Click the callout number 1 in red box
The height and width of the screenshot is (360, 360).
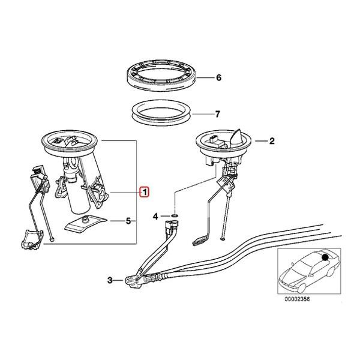(x=144, y=192)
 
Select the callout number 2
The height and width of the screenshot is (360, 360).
(x=271, y=142)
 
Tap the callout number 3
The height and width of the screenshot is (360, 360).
(x=110, y=280)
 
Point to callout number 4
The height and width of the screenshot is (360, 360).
(x=155, y=215)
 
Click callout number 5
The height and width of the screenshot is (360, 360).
(x=128, y=221)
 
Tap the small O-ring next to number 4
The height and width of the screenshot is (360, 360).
(x=173, y=214)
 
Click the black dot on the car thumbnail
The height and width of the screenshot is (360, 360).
(x=324, y=257)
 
